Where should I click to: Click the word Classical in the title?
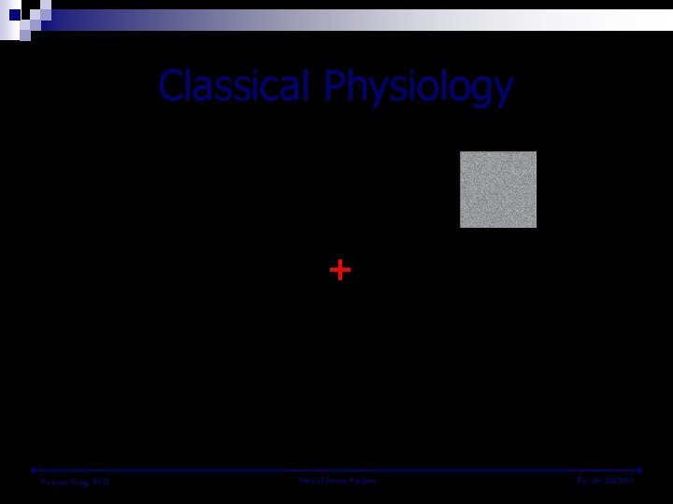pos(234,87)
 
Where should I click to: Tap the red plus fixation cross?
pos(339,271)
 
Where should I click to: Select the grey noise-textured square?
pos(498,189)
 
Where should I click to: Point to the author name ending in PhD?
pos(75,482)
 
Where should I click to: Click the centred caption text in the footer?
pos(336,481)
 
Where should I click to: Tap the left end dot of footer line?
pos(33,469)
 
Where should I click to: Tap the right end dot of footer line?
pos(640,469)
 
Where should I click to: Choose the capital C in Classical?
pos(172,87)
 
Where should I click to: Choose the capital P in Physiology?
pos(336,87)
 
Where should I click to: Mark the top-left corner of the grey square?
pos(460,151)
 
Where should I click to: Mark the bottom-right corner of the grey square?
pos(536,227)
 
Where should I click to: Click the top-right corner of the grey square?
pos(536,151)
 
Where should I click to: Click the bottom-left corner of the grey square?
pos(460,227)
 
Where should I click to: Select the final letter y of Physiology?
pos(503,91)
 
